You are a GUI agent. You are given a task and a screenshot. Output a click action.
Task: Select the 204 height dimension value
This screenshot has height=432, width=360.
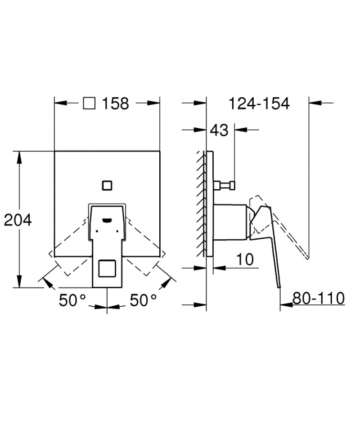click(18, 220)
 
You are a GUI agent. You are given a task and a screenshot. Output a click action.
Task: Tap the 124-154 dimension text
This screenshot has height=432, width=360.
click(259, 104)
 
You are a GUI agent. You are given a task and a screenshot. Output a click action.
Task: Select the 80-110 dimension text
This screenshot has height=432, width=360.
click(318, 298)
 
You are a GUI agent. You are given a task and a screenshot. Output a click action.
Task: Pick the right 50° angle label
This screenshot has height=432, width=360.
click(143, 300)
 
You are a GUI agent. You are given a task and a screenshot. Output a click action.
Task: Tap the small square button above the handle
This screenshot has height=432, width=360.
click(107, 185)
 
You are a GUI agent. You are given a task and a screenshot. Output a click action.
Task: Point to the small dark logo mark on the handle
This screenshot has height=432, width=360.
click(107, 220)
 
